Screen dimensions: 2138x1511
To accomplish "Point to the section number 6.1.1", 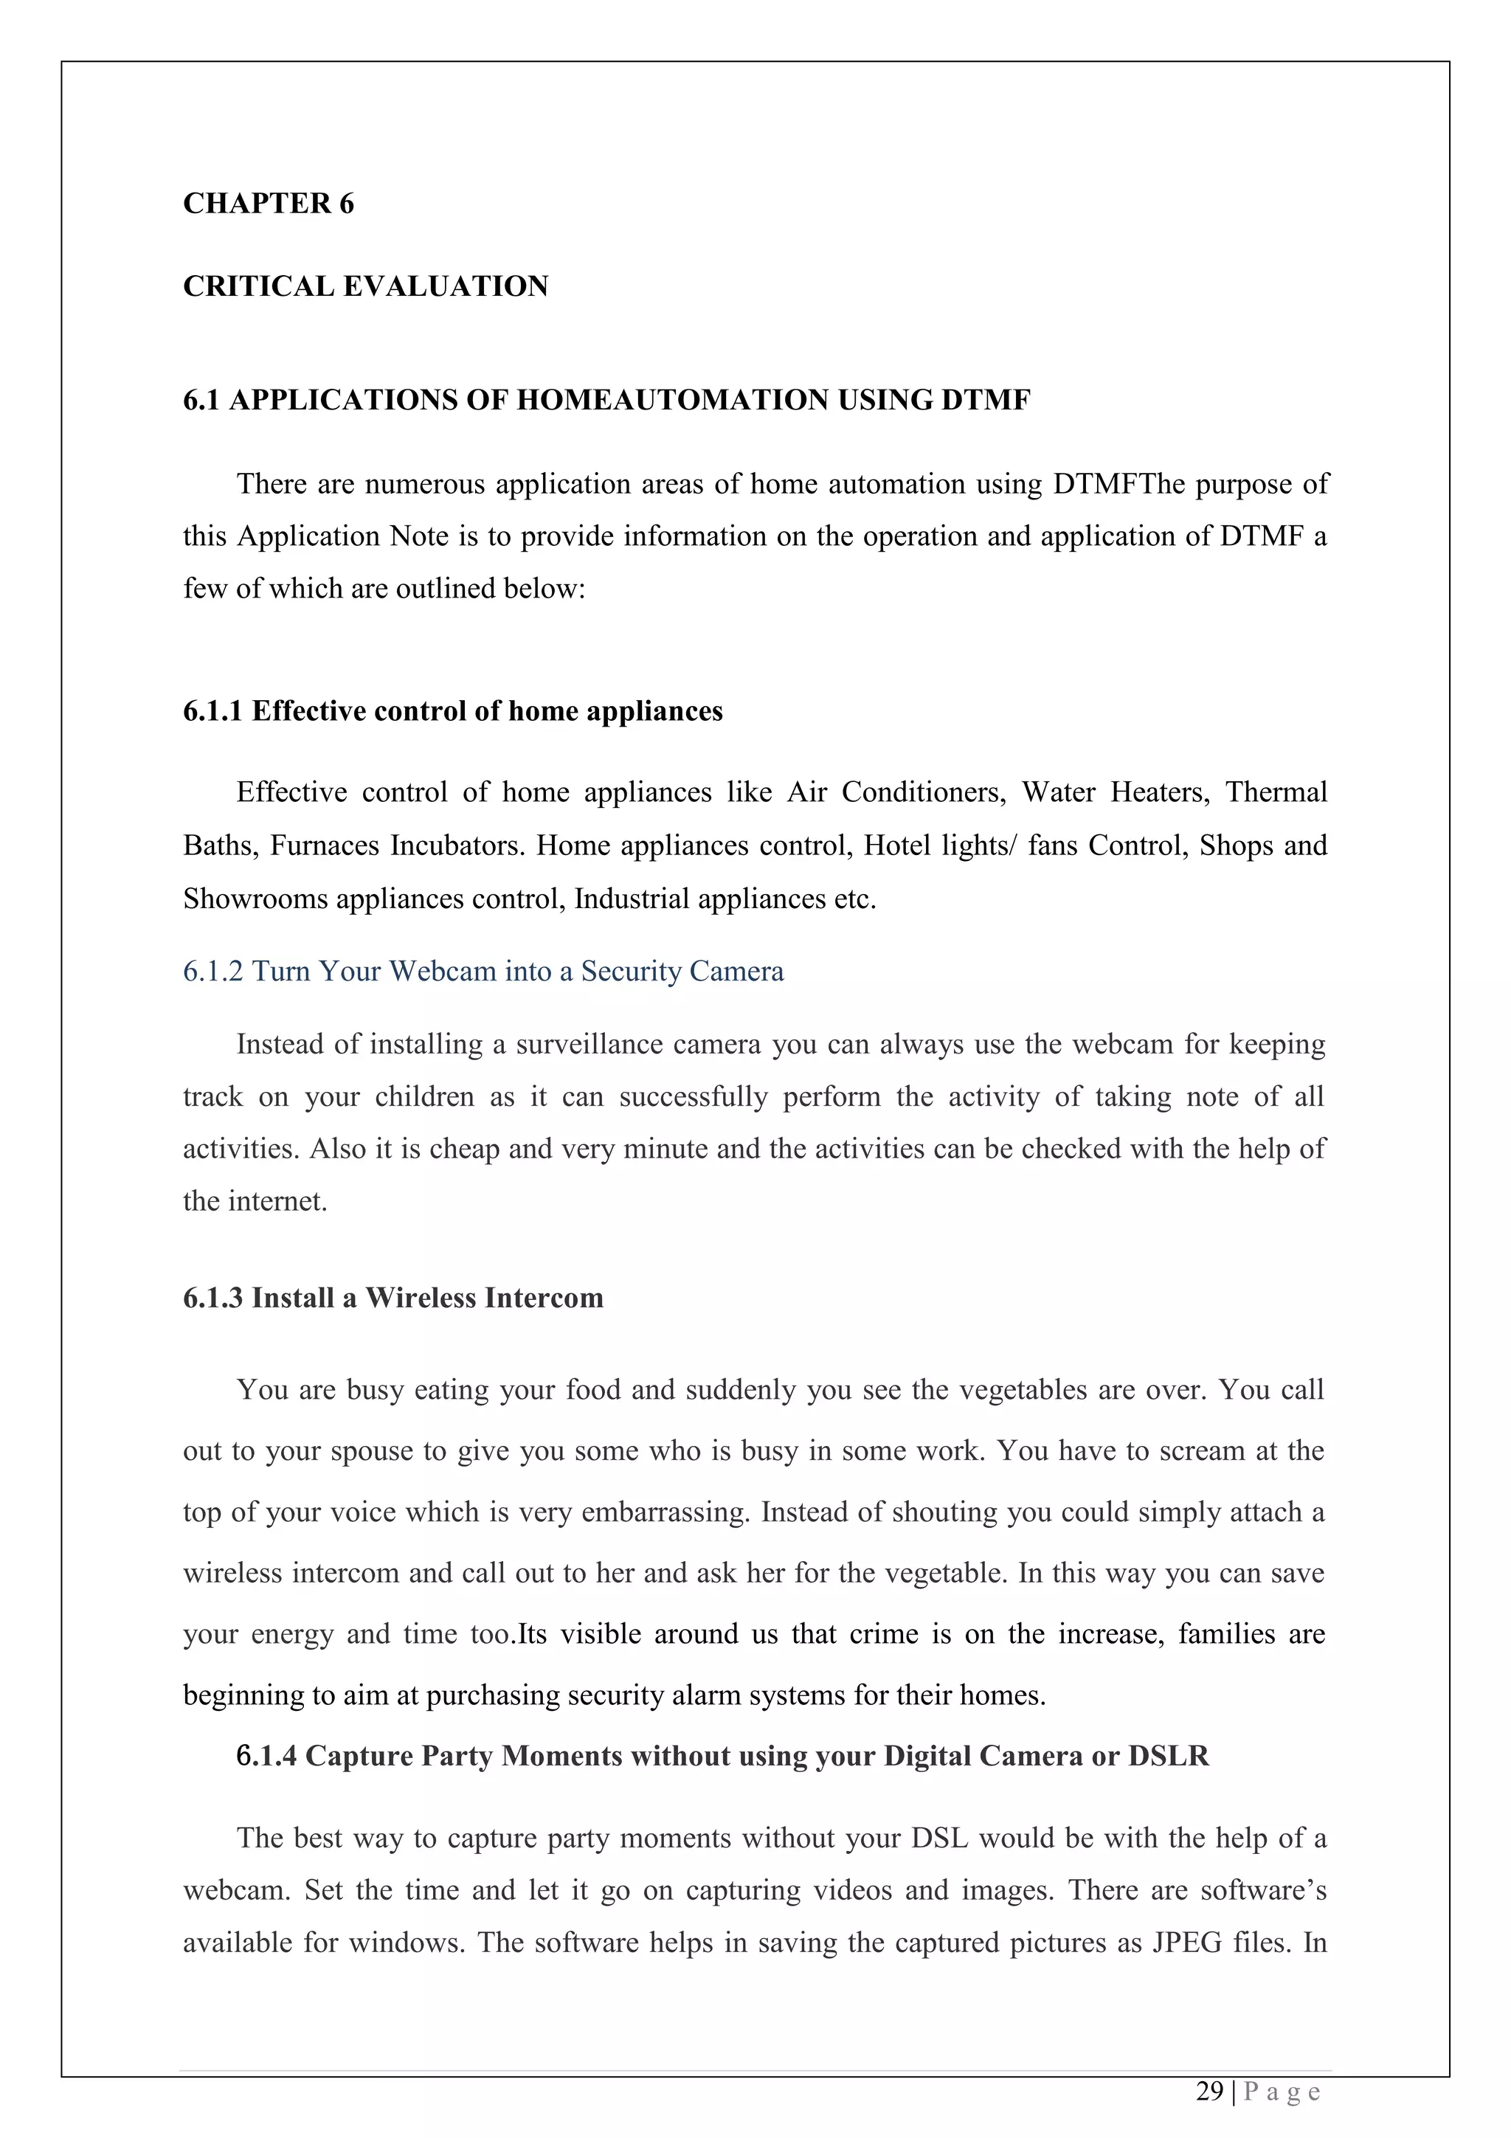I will [x=212, y=711].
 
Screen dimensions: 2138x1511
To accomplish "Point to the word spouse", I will [x=394, y=1450].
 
